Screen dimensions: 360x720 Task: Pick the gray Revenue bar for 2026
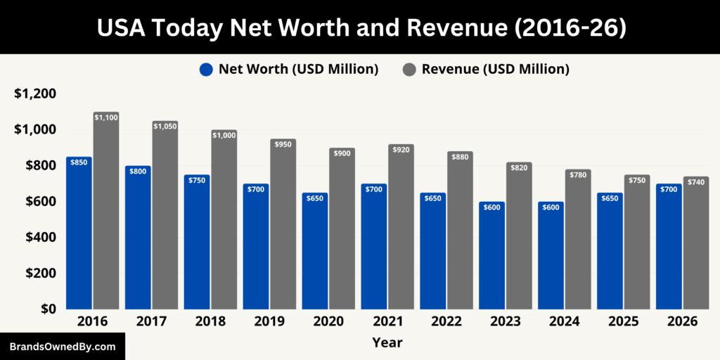(695, 243)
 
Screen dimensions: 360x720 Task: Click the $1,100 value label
(106, 117)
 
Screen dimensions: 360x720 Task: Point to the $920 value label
(401, 149)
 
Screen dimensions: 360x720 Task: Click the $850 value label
(79, 162)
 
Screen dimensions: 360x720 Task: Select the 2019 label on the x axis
(269, 321)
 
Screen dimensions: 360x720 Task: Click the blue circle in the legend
(206, 70)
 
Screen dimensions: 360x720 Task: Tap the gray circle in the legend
(409, 70)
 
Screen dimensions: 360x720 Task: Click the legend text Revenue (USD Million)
(495, 69)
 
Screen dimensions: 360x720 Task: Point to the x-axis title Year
(387, 342)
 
